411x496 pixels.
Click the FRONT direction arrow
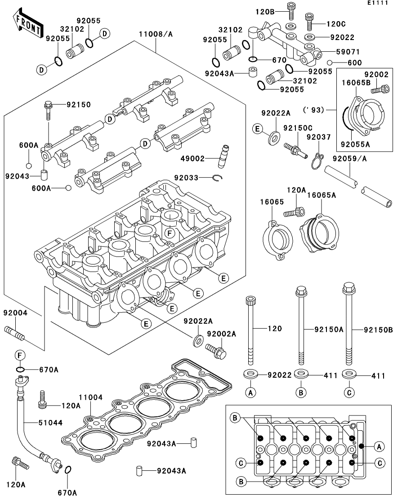tap(28, 24)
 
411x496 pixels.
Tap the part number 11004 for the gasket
tap(91, 398)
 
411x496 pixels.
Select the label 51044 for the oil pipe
tap(51, 423)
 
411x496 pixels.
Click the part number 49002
tap(193, 158)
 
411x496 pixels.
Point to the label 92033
tap(186, 178)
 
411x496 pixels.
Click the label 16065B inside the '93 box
tap(356, 83)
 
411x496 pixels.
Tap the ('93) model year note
tap(313, 110)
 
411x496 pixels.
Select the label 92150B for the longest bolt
tap(379, 330)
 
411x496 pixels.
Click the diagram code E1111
tap(378, 3)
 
